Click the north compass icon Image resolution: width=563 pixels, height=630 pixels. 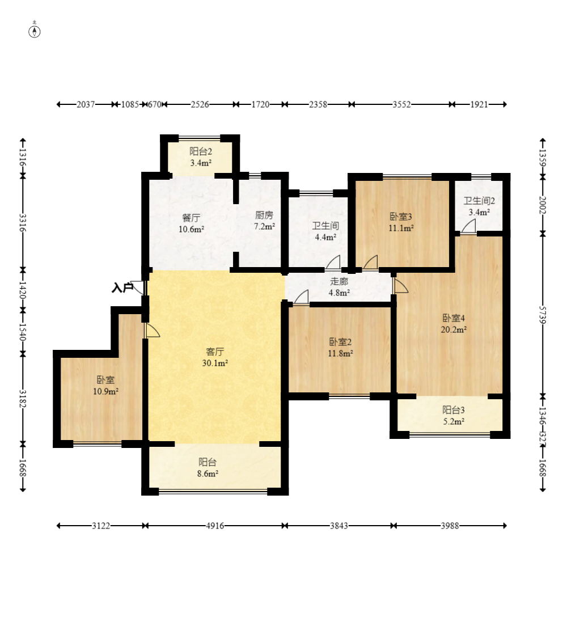coord(35,31)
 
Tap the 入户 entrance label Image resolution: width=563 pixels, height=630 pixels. coord(122,287)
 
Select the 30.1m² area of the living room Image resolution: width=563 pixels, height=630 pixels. coord(215,363)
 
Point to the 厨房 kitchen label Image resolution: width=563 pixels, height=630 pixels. coord(264,215)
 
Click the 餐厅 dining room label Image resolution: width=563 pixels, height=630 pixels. coord(191,218)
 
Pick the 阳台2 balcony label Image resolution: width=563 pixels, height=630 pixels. coord(201,151)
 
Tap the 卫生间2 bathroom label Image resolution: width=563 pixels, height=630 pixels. coord(479,201)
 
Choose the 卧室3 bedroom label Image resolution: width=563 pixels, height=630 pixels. coord(401,217)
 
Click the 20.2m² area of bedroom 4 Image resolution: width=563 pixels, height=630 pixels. coord(454,329)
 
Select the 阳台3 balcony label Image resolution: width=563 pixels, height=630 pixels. coord(454,410)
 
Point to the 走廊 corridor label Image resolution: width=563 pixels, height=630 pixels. coord(339,281)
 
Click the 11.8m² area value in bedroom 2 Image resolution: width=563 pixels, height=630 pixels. coord(340,353)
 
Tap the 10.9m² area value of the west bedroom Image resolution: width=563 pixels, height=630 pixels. coord(105,391)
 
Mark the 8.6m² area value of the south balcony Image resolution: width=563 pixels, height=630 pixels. coord(208,473)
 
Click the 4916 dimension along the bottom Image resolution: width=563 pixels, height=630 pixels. coord(215,526)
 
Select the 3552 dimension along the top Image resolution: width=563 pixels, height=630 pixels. coord(401,104)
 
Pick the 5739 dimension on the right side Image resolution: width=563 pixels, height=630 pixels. coord(543,315)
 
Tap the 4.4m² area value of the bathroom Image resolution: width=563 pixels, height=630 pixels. coord(325,237)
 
